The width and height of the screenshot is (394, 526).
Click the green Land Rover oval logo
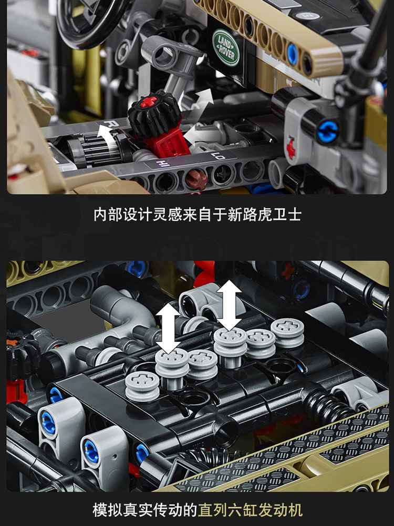(226, 47)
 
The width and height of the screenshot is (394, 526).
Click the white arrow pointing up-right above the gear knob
(201, 99)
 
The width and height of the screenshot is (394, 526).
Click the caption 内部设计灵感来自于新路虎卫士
(197, 215)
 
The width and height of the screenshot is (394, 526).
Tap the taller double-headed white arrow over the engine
(230, 305)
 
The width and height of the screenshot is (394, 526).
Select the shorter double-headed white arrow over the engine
(169, 327)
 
